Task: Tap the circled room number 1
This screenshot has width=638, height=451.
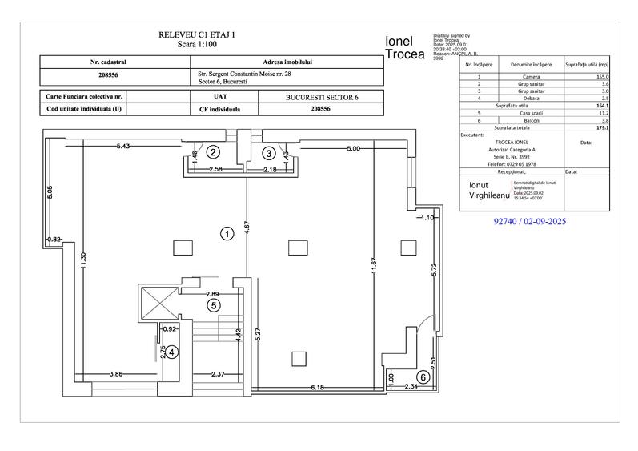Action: (227, 234)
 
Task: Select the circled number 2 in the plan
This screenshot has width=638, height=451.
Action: (213, 151)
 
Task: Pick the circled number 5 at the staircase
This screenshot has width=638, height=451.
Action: (213, 304)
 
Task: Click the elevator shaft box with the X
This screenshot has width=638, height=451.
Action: (156, 303)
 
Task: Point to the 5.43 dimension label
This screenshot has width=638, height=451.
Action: (123, 147)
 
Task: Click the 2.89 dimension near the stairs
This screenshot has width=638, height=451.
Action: (213, 294)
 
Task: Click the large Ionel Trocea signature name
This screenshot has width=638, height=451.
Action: (405, 47)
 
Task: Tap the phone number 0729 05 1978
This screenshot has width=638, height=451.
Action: (511, 163)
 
